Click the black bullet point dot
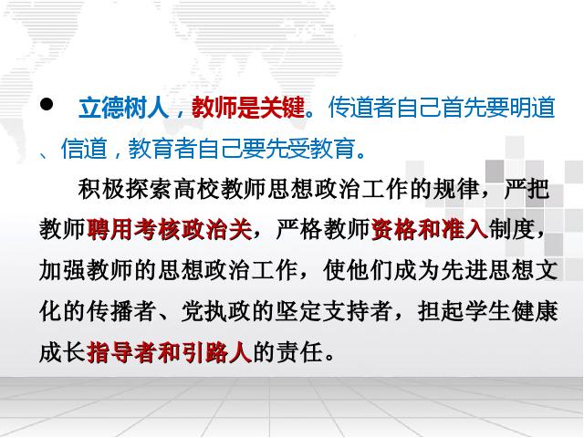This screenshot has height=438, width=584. [47, 104]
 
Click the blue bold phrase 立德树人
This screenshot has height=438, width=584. [124, 108]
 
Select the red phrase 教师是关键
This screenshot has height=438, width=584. [248, 108]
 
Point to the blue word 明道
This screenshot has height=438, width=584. [533, 108]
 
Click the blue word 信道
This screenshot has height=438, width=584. [84, 148]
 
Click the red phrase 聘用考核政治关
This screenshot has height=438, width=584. [170, 229]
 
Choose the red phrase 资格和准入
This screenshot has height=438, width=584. [430, 229]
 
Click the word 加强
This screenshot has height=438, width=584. [62, 270]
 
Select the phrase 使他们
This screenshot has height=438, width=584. [357, 270]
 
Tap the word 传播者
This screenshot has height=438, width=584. [121, 311]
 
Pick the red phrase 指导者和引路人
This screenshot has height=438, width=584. [170, 352]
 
